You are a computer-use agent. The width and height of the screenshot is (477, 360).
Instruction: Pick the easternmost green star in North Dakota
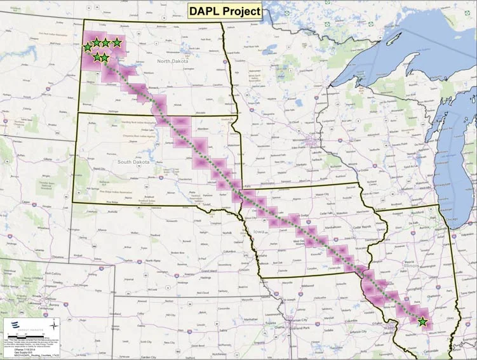point(117,43)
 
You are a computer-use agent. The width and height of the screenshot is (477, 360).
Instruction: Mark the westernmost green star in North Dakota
point(87,48)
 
